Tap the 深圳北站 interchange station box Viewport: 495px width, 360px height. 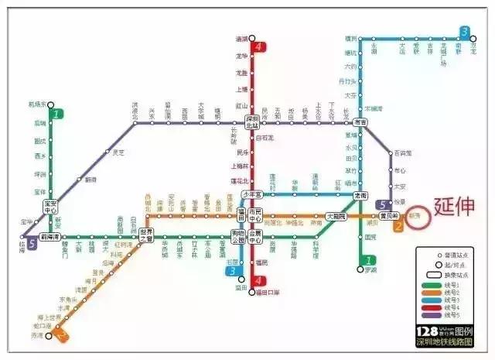point(252,122)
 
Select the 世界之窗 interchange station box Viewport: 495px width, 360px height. point(147,235)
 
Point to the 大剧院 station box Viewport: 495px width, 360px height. point(336,217)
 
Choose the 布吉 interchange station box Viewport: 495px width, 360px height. point(360,122)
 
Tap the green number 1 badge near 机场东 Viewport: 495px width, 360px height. point(56,113)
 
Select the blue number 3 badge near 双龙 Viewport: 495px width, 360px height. point(464,33)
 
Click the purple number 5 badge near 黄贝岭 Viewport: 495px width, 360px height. point(384,204)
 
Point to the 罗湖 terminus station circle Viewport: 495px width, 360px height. point(360,269)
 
